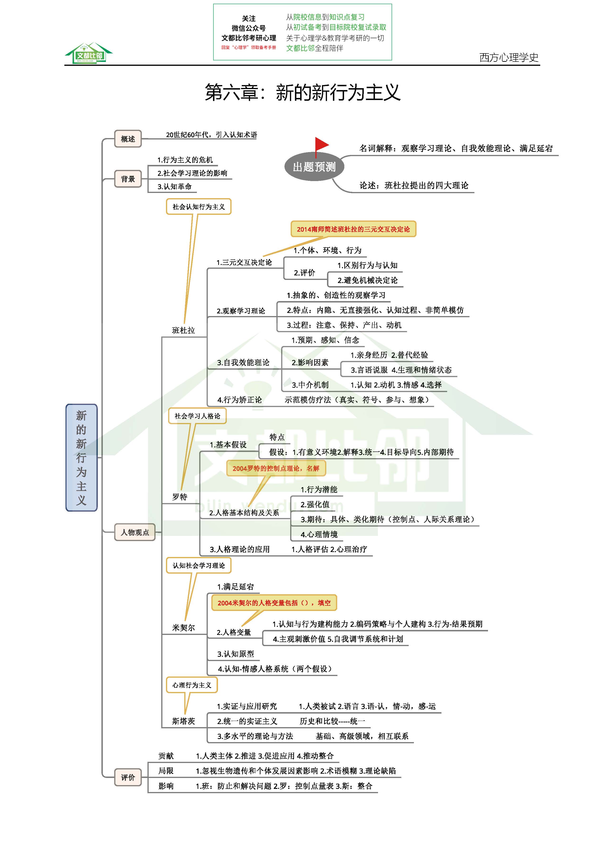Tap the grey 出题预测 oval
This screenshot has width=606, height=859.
pyautogui.click(x=314, y=167)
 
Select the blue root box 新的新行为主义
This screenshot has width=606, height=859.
pyautogui.click(x=81, y=457)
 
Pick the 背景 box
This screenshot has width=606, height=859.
pyautogui.click(x=128, y=179)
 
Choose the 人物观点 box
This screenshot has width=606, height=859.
pyautogui.click(x=135, y=532)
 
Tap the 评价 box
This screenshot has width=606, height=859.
pyautogui.click(x=128, y=777)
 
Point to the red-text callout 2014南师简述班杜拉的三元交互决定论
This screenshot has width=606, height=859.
pyautogui.click(x=353, y=229)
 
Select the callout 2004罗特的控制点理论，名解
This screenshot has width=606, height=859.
pyautogui.click(x=276, y=468)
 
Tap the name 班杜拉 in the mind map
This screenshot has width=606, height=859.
pyautogui.click(x=184, y=330)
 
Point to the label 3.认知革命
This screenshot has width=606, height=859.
pyautogui.click(x=175, y=186)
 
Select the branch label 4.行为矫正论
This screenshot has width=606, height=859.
pyautogui.click(x=240, y=400)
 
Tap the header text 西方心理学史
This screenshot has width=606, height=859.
pyautogui.click(x=509, y=57)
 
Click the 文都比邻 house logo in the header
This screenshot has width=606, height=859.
pyautogui.click(x=89, y=53)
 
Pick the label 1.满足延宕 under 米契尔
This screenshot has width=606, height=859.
pyautogui.click(x=236, y=587)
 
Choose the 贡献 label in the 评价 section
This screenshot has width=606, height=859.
pyautogui.click(x=166, y=756)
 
